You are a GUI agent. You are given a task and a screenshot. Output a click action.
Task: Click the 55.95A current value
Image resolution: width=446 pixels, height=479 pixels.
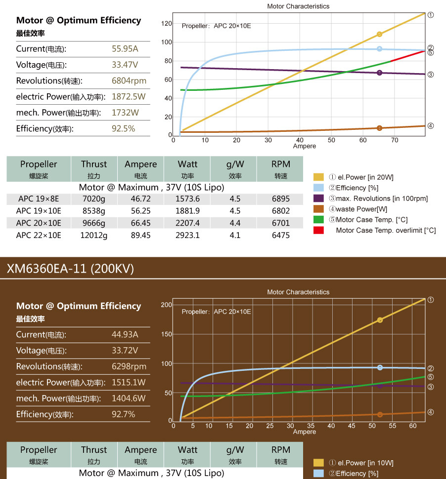point(125,49)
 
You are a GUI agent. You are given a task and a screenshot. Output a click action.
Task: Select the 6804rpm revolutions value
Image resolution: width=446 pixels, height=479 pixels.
point(129,81)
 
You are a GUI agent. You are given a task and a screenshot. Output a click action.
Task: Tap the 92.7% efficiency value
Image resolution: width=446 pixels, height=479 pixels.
point(123,414)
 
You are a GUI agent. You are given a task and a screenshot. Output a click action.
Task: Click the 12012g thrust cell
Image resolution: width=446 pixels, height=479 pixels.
point(94,236)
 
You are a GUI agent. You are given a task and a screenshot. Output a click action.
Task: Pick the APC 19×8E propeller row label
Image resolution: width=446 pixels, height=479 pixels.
point(39,199)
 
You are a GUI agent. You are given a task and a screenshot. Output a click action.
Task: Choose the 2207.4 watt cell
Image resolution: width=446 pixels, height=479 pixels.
point(187,223)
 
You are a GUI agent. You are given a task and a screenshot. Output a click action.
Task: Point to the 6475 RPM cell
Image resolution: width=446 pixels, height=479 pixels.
point(280,236)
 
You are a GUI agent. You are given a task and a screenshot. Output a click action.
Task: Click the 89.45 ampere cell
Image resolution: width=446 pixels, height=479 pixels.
point(140,236)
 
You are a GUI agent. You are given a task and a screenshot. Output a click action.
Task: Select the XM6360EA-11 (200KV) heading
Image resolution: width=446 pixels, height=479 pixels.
point(70,269)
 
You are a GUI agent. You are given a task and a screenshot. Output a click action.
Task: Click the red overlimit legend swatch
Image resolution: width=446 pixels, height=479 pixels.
point(318,230)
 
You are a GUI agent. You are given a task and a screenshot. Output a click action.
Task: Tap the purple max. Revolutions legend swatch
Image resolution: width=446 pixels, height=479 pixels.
point(318,199)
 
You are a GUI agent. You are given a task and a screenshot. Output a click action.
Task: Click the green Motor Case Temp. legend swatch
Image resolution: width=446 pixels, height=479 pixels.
point(318,220)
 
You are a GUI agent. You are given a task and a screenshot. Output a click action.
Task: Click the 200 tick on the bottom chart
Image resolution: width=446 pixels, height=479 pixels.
point(166,305)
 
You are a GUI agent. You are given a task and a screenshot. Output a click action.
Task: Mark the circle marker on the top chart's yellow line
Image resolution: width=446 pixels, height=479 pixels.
point(379,34)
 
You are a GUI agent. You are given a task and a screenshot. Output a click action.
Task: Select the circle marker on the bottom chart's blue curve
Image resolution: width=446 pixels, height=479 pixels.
point(380,367)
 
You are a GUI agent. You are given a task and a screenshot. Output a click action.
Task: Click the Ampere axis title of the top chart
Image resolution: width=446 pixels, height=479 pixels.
point(304,146)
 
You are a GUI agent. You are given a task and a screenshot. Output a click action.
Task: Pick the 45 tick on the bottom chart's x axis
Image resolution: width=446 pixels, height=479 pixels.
point(352,426)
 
